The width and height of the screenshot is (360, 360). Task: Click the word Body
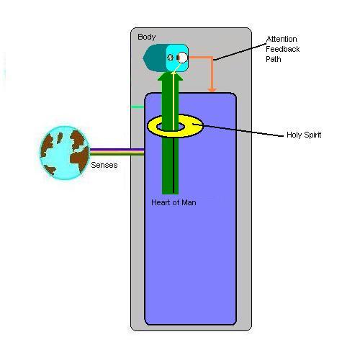click(x=146, y=37)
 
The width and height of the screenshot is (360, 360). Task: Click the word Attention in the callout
click(x=282, y=39)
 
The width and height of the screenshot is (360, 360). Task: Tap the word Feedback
click(x=283, y=49)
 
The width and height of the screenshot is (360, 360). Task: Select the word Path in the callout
click(x=274, y=59)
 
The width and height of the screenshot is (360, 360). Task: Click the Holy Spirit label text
click(x=304, y=135)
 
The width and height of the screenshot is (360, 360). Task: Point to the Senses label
click(x=104, y=165)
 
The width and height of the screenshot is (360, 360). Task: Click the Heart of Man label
click(x=174, y=202)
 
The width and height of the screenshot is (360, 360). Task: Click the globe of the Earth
click(x=65, y=153)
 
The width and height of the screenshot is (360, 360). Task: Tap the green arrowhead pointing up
click(x=171, y=76)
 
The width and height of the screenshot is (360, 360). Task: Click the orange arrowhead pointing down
click(x=212, y=90)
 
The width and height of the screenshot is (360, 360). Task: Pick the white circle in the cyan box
click(x=183, y=58)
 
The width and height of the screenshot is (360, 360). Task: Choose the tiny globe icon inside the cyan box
click(x=171, y=58)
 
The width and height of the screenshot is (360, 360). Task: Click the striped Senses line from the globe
click(x=117, y=152)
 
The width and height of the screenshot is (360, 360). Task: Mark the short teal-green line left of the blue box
click(x=138, y=107)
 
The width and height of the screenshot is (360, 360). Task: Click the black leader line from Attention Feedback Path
click(x=240, y=52)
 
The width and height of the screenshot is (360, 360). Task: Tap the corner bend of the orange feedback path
click(x=212, y=58)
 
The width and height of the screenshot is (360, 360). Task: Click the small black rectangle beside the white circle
click(x=178, y=58)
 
